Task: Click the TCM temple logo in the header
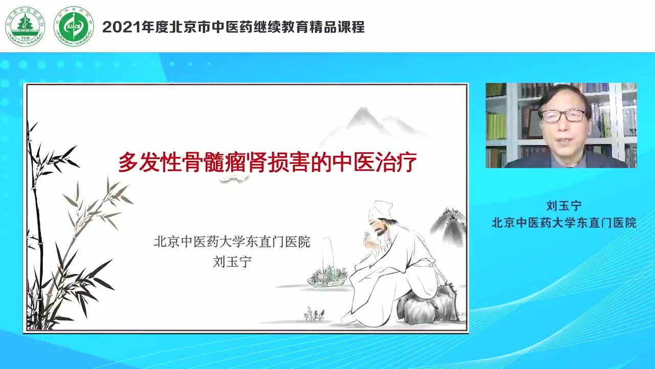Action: pyautogui.click(x=25, y=26)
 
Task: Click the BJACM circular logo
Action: pyautogui.click(x=74, y=26)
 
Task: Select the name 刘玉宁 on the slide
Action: pyautogui.click(x=232, y=261)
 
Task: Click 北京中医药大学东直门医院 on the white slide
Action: pyautogui.click(x=232, y=242)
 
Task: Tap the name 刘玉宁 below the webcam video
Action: pyautogui.click(x=564, y=206)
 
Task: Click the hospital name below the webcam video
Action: pyautogui.click(x=564, y=223)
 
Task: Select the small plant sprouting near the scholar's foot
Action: pyautogui.click(x=314, y=314)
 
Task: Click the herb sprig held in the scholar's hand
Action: pyautogui.click(x=366, y=235)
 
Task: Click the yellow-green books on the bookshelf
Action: pyautogui.click(x=496, y=126)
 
